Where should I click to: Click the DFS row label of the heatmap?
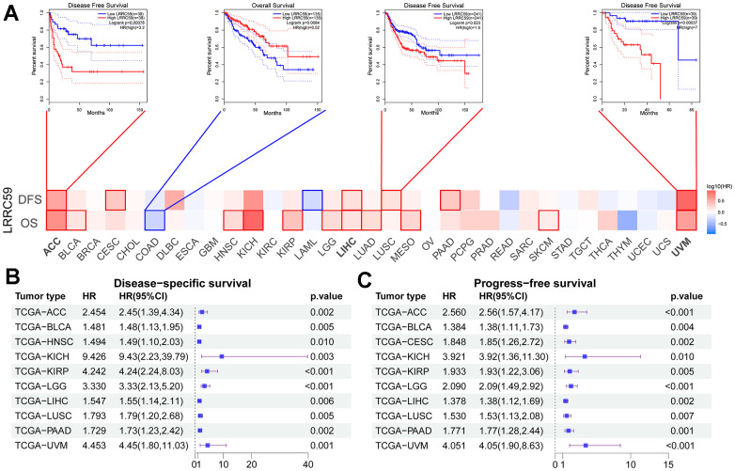point(31,200)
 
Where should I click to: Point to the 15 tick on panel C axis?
point(667,462)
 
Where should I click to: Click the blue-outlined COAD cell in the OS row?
point(154,221)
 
